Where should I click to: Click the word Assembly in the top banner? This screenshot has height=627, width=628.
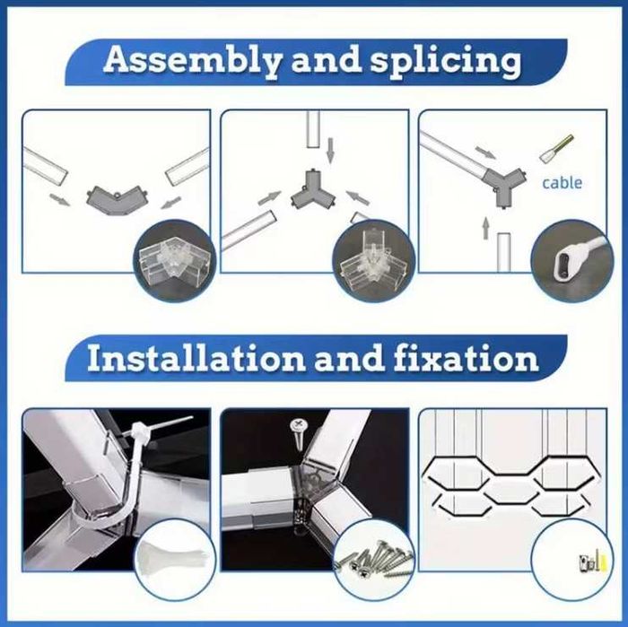193,61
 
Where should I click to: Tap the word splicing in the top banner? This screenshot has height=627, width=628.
445,61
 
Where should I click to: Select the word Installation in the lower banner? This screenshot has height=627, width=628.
196,358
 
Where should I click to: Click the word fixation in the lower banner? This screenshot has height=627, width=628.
466,358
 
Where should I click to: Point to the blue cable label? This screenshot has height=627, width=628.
562,183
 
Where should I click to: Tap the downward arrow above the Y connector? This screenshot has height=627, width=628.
330,151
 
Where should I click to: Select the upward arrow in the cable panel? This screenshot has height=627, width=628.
486,228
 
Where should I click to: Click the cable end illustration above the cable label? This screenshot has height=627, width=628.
556,149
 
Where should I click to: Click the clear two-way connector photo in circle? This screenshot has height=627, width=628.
175,259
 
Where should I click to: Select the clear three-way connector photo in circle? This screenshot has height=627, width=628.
375,260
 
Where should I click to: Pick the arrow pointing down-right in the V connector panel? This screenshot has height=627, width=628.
60,199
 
